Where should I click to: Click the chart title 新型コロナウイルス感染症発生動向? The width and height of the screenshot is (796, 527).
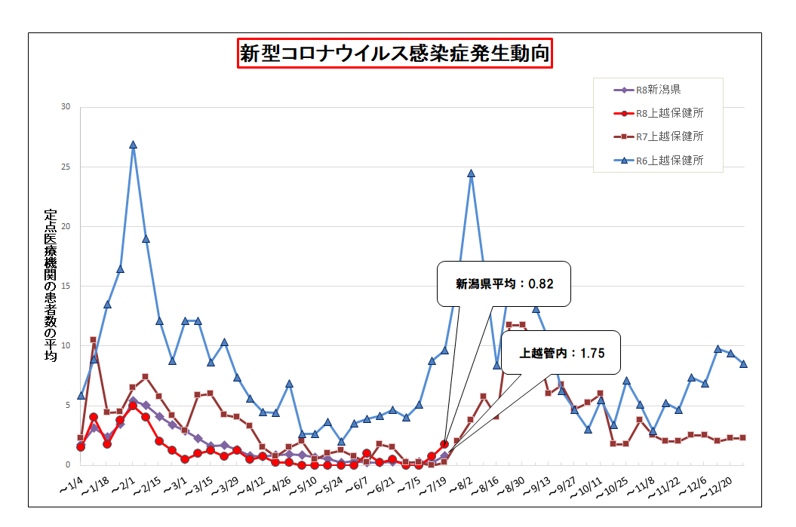click(395, 54)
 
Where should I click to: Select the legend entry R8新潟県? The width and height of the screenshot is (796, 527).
click(647, 90)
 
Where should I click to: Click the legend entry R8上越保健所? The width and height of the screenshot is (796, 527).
click(659, 113)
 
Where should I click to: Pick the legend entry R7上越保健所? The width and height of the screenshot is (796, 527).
click(659, 136)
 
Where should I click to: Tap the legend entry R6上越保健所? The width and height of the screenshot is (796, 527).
click(659, 161)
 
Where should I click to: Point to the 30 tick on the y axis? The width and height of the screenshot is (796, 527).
click(66, 106)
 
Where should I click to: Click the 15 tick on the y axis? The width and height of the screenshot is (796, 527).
click(66, 286)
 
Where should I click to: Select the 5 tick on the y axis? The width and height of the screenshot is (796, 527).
click(68, 405)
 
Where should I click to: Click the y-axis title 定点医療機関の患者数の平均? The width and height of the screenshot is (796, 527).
click(51, 285)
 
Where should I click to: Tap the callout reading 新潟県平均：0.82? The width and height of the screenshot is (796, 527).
click(503, 284)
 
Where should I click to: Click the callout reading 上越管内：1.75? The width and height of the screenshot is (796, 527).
click(561, 353)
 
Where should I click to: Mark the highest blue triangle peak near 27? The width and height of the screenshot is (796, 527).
click(133, 145)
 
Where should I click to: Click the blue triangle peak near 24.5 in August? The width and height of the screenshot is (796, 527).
click(471, 173)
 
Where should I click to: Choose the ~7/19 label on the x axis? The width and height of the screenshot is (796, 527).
click(432, 486)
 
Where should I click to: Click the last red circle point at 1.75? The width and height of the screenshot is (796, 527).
click(444, 444)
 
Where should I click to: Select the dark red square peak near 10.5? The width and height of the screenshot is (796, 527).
click(94, 339)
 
